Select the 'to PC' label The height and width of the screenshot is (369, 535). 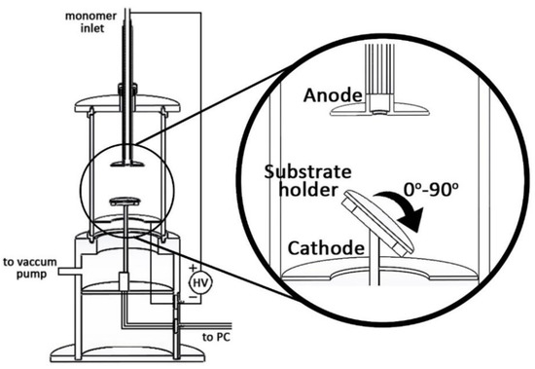tap(216, 337)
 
